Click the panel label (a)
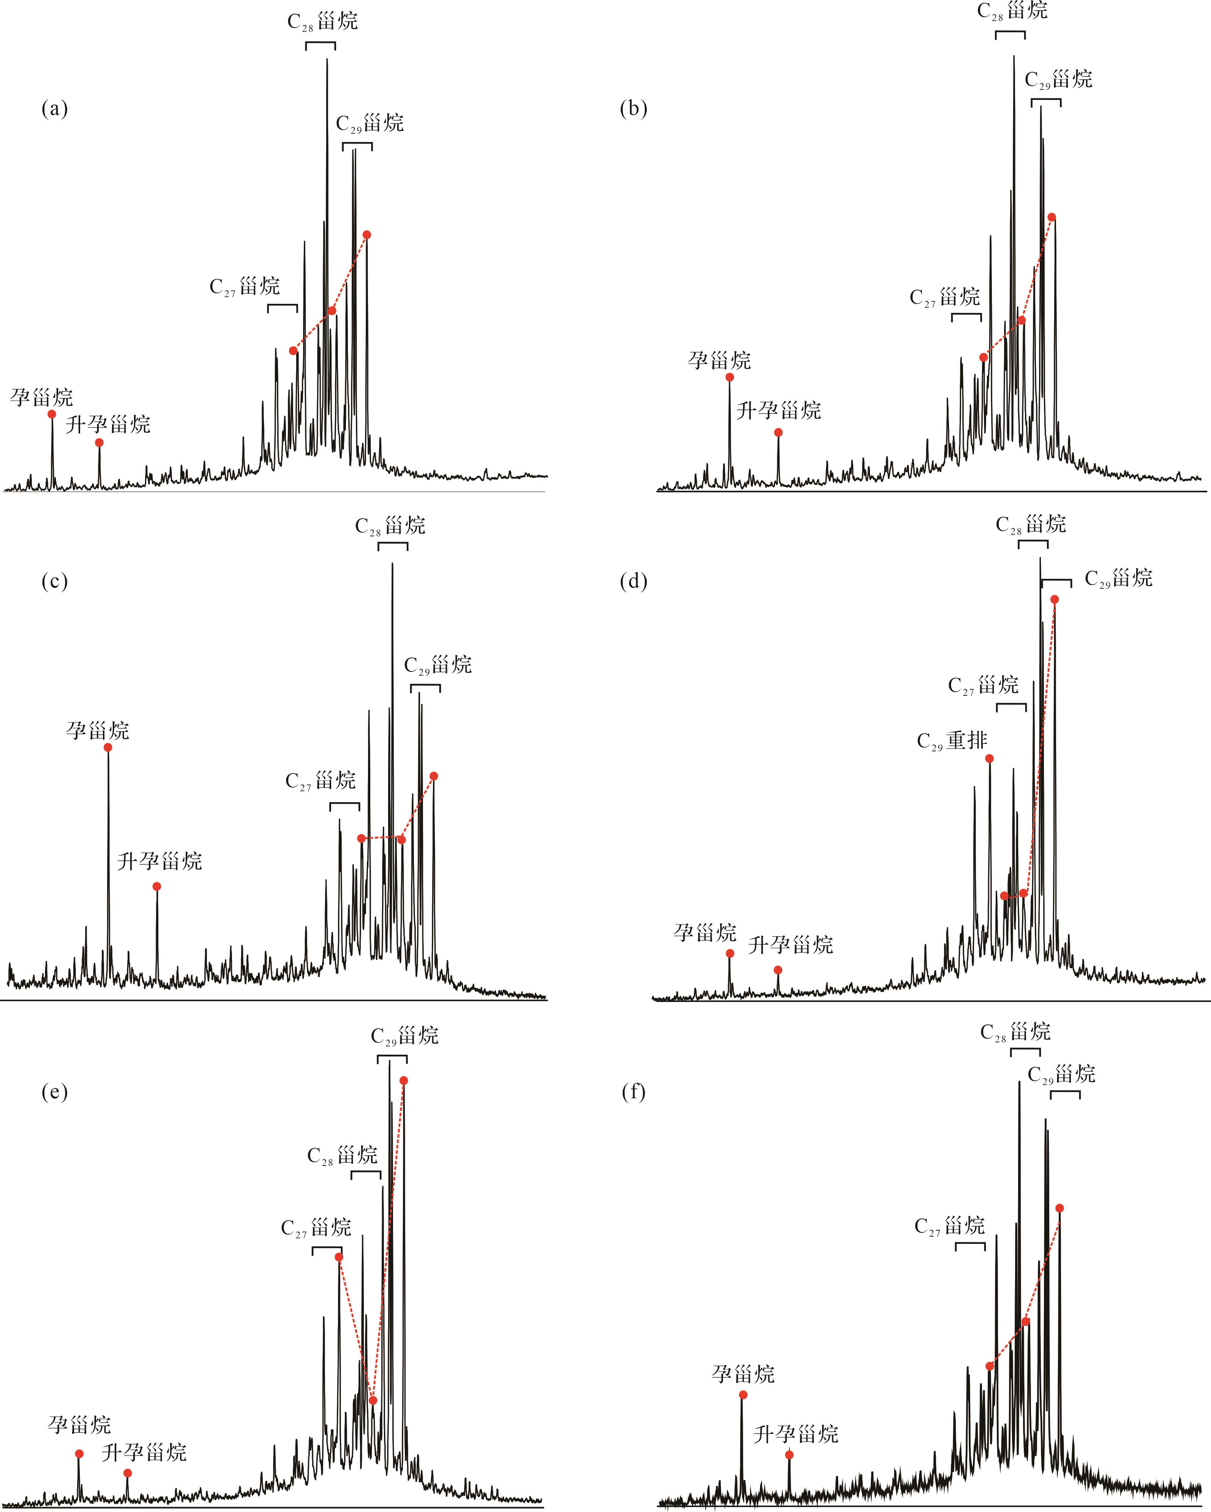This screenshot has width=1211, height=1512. click(55, 109)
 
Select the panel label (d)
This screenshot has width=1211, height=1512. click(634, 581)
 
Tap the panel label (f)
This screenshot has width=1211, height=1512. click(634, 1092)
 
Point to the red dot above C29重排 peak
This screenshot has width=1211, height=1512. click(989, 758)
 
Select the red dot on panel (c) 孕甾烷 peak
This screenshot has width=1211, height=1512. click(108, 747)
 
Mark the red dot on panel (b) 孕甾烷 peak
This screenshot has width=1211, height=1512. click(730, 377)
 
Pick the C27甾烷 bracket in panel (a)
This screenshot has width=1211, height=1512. click(283, 307)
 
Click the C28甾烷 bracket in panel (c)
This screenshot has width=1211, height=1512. click(393, 546)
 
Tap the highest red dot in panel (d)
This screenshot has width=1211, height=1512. click(1055, 599)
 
